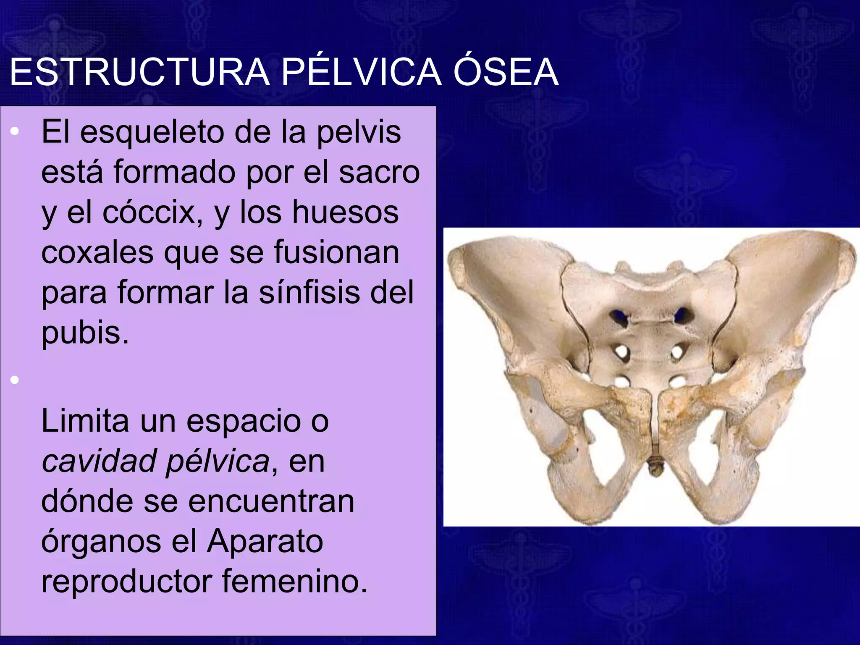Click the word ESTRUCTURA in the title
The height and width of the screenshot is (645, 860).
[x=139, y=72]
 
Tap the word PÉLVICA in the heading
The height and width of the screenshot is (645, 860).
[x=362, y=72]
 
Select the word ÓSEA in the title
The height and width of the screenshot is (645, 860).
[x=506, y=72]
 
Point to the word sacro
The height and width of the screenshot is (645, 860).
[x=379, y=172]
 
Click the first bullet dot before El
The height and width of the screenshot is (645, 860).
[x=15, y=132]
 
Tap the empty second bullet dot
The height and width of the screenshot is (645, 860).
[x=15, y=380]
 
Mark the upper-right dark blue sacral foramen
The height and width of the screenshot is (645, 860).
[x=681, y=315]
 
